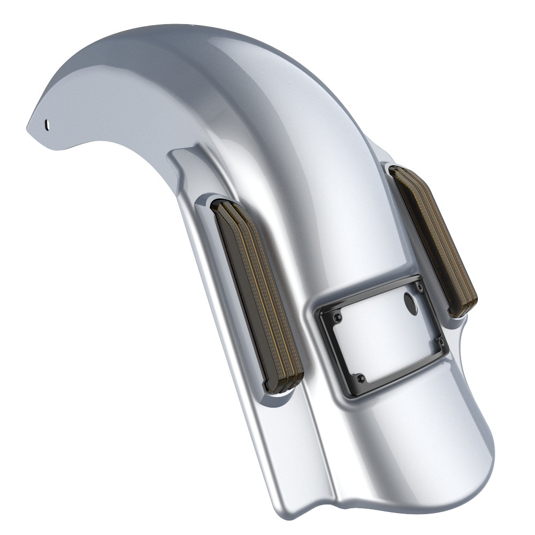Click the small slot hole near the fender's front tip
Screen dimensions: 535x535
point(48,124)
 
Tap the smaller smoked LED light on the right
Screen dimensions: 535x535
point(433,241)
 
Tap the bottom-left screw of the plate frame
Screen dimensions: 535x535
point(361,379)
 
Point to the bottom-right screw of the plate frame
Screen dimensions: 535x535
point(440,340)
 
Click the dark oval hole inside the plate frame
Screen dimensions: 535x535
point(412,303)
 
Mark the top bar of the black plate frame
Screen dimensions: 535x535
point(374,295)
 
